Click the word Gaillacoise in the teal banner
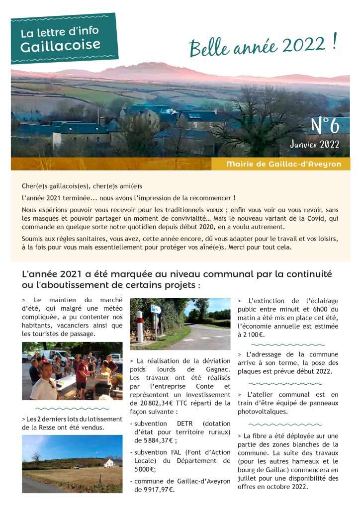60,45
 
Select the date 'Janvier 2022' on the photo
315,145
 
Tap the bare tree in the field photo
36,457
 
